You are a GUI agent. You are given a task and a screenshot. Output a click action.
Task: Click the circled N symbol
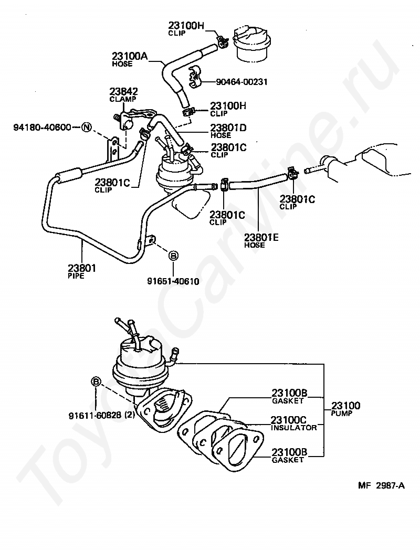[x=86, y=127]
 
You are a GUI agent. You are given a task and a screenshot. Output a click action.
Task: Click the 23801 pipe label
[x=82, y=269]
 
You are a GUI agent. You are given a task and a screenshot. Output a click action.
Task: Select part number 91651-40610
[x=173, y=281]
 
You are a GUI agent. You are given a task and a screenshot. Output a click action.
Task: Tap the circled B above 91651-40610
[x=173, y=256]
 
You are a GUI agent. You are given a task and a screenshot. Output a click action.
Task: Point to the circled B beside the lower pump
[x=96, y=382]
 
